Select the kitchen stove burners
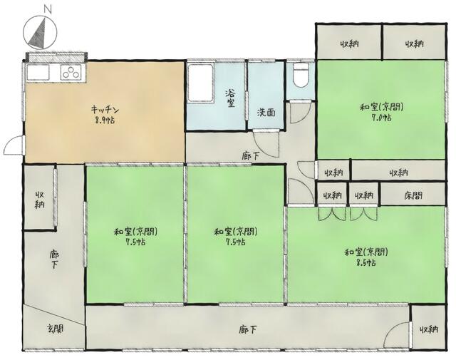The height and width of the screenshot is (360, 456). coord(72,71)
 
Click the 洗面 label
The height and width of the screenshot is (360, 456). coord(267,113)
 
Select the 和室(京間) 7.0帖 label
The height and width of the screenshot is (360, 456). coord(382,112)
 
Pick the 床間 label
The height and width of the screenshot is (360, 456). coord(413,195)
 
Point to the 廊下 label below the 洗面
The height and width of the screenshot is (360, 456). coord(250,154)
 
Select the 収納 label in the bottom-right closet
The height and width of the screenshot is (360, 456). coord(429,329)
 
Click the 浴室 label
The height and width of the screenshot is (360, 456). coord(231,98)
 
